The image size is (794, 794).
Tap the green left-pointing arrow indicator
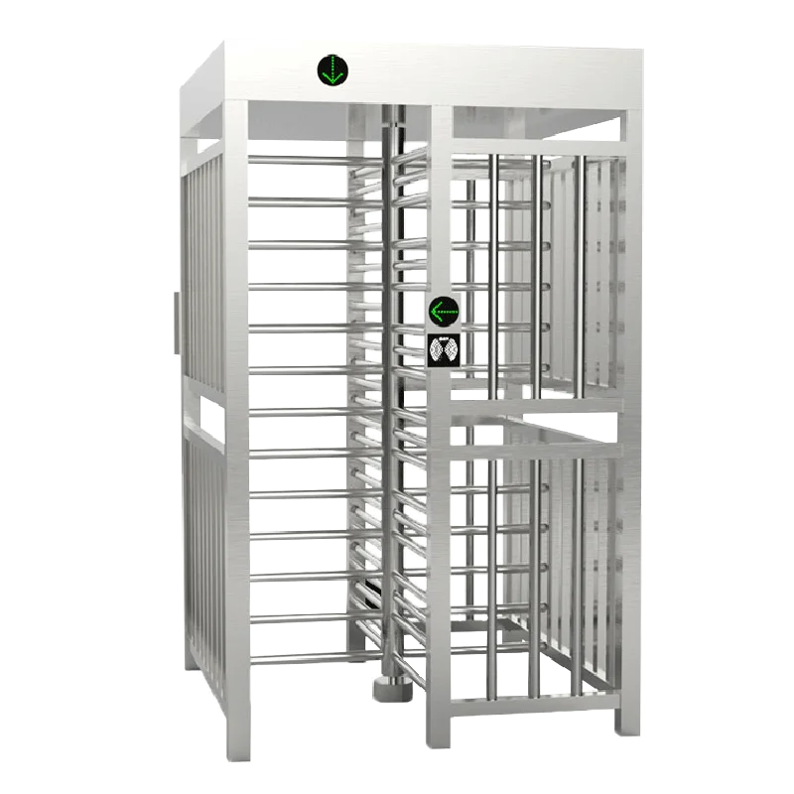click(x=444, y=313)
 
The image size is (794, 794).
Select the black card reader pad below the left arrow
click(x=444, y=349)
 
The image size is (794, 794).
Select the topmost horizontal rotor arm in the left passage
click(x=298, y=159)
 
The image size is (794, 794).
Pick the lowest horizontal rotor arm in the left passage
click(x=298, y=657)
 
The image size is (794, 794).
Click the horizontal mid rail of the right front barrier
click(x=536, y=403)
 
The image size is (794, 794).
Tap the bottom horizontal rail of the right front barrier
click(x=536, y=707)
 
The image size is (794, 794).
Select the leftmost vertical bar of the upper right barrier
click(x=492, y=268)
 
